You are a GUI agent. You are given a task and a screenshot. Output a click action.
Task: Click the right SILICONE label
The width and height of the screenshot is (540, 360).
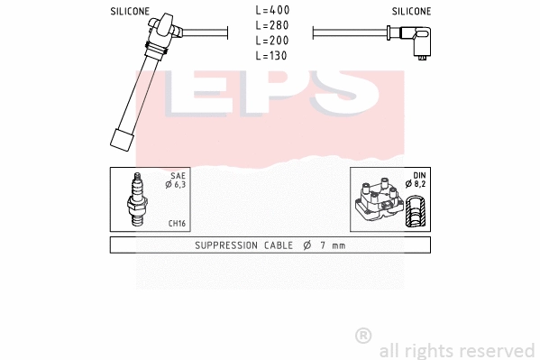(x=411, y=12)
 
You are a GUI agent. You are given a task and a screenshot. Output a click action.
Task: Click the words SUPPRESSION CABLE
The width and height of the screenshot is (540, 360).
(x=240, y=245)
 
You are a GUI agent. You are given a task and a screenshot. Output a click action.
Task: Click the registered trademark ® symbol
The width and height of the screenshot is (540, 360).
(x=363, y=336)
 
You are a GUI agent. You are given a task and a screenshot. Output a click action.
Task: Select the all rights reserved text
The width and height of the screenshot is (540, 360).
(x=457, y=350)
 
